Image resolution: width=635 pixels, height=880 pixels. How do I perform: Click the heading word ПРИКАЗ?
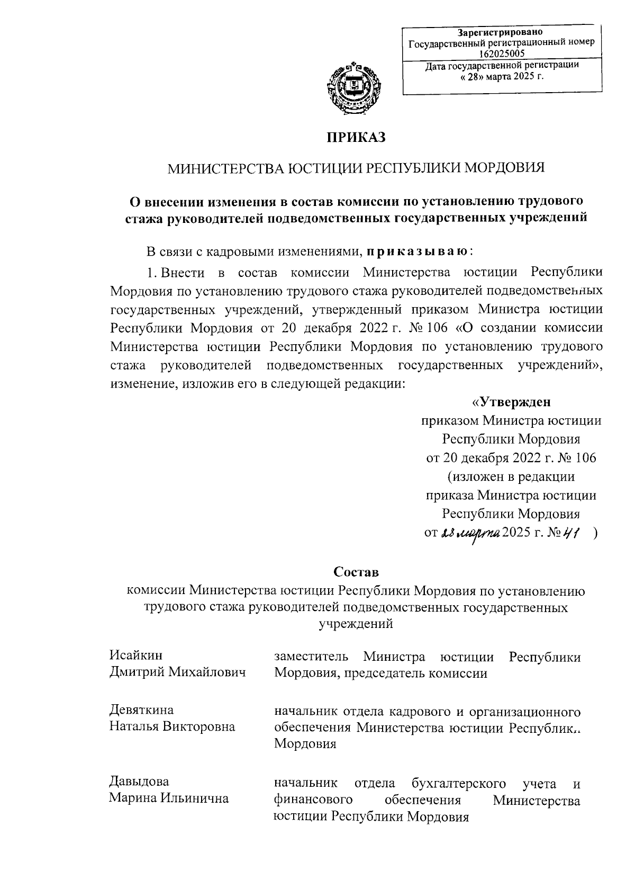point(356,137)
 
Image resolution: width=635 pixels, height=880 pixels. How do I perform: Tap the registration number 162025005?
point(502,53)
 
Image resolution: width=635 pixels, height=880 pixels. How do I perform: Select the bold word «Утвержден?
point(511,402)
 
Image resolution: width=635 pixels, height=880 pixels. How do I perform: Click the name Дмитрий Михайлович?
point(177,672)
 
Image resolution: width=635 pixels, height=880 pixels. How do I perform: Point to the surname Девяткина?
point(141,710)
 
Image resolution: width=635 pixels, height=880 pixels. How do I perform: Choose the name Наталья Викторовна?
point(172,726)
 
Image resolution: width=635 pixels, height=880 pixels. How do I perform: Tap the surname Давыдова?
point(139,781)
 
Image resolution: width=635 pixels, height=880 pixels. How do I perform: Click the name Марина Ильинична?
point(169,798)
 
